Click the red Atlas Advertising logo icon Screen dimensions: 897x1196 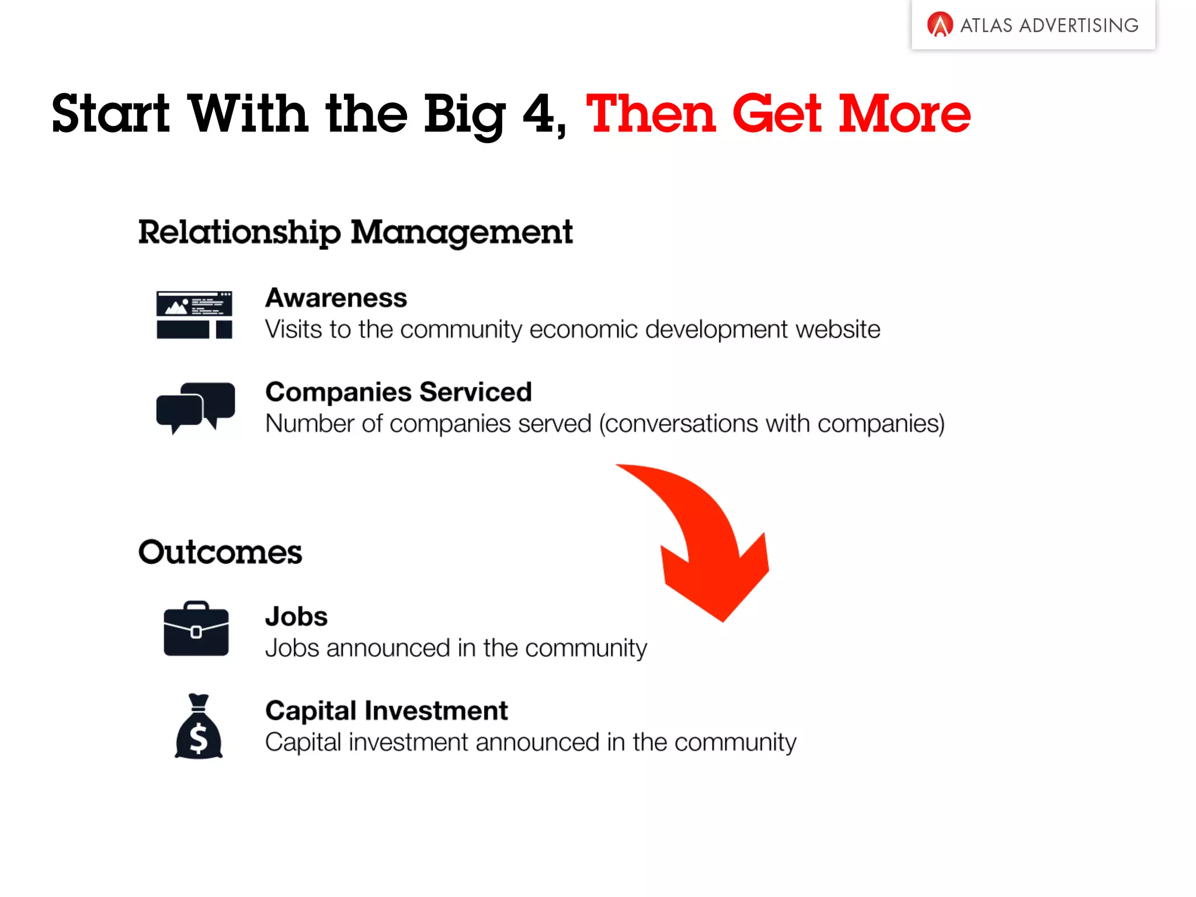(940, 25)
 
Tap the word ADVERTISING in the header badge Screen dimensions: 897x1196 (1079, 26)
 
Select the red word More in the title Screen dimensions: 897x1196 (904, 113)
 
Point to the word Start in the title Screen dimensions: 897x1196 (110, 113)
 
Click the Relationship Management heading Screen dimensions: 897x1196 (355, 232)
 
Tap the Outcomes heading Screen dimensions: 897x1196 (220, 552)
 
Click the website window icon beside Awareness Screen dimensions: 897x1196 (194, 315)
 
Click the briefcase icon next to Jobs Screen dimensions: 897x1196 (196, 630)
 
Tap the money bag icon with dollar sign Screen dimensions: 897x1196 (199, 728)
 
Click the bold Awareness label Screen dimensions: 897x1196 (336, 298)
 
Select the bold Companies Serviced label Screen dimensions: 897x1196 (398, 392)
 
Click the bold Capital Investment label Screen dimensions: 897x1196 (386, 711)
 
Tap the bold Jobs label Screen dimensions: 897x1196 (296, 617)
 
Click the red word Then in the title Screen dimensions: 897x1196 (651, 113)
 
